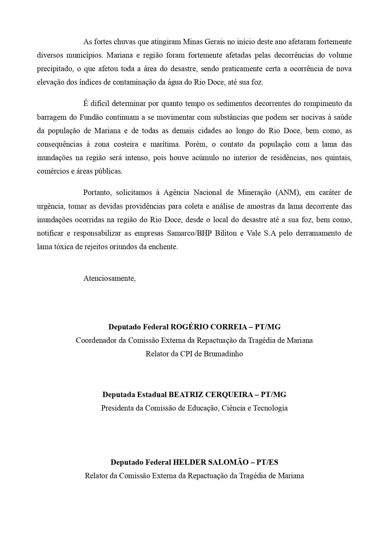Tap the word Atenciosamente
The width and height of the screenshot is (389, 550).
[109, 278]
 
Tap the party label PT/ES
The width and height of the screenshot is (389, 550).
[267, 462]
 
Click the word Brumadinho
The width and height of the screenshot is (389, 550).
[223, 354]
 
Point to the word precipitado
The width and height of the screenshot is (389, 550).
[55, 69]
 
